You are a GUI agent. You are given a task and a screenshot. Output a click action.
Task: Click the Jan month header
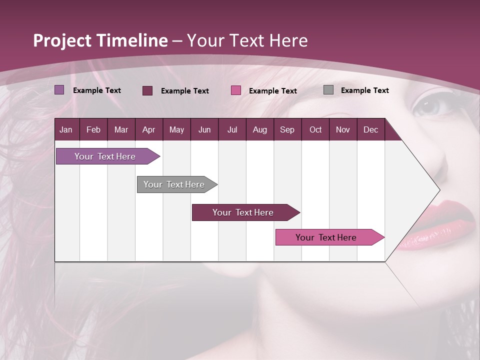pyautogui.click(x=66, y=129)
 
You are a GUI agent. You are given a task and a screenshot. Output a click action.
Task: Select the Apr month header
pyautogui.click(x=148, y=129)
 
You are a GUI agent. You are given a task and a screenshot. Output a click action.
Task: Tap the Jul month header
pyautogui.click(x=232, y=129)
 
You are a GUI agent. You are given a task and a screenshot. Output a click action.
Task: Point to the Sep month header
pyautogui.click(x=287, y=129)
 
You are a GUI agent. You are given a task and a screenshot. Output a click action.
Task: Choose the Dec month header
pyautogui.click(x=370, y=129)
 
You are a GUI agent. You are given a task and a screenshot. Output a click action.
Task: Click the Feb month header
pyautogui.click(x=93, y=129)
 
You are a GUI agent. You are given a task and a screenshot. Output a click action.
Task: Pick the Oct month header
pyautogui.click(x=315, y=129)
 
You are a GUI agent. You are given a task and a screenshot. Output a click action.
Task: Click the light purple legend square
pyautogui.click(x=59, y=90)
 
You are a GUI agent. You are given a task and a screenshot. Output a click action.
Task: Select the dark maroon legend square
pyautogui.click(x=147, y=90)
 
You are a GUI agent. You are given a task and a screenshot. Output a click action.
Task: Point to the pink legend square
pyautogui.click(x=236, y=90)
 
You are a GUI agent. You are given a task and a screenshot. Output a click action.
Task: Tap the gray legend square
pyautogui.click(x=328, y=90)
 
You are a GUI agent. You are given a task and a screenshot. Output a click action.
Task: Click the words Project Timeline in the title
pyautogui.click(x=100, y=40)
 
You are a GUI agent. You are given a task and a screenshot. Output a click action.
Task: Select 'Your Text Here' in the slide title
pyautogui.click(x=247, y=40)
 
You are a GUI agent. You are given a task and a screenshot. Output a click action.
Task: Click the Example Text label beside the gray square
pyautogui.click(x=364, y=90)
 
